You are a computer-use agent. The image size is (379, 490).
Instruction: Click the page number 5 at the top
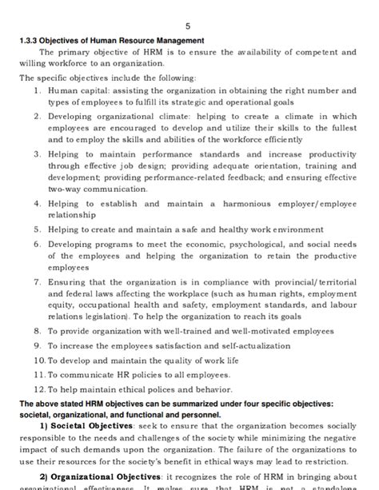[x=188, y=26]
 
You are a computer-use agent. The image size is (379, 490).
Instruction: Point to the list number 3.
[x=38, y=153]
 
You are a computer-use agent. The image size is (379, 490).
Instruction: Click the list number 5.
[x=38, y=229]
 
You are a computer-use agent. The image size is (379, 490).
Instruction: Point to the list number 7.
[x=38, y=281]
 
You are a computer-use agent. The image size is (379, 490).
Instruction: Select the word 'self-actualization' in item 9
[x=249, y=345]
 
